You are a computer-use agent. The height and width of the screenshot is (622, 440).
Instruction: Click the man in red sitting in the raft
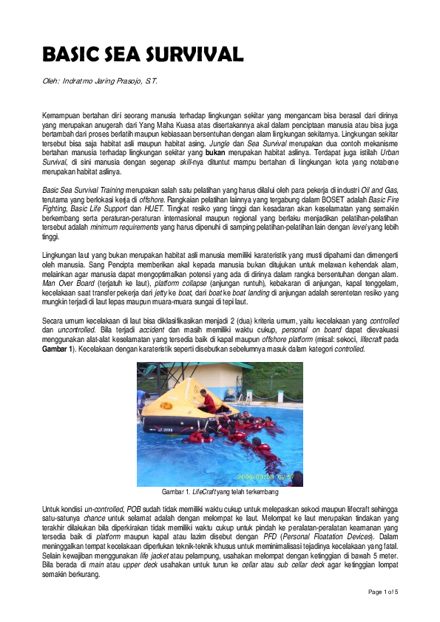[x=209, y=403]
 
